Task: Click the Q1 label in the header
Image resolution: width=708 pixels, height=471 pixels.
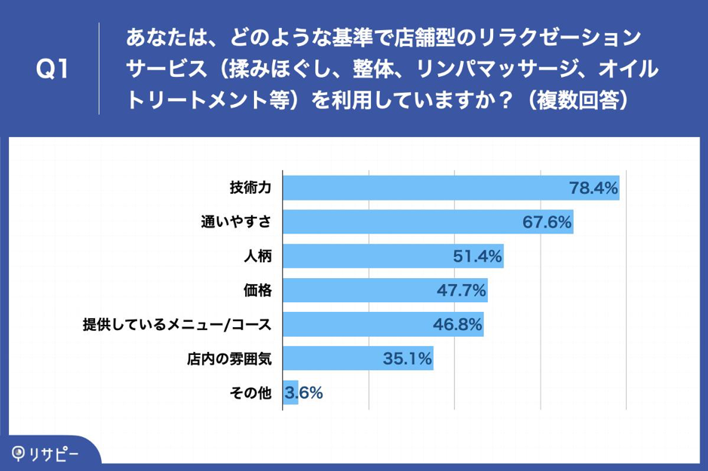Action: (x=52, y=69)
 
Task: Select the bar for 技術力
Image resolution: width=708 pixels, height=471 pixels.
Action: (x=451, y=188)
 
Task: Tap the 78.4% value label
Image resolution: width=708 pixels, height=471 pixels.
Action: (x=593, y=188)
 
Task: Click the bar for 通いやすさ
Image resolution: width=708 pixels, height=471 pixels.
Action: (x=428, y=222)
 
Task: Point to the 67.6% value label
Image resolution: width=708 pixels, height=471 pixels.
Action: (x=547, y=222)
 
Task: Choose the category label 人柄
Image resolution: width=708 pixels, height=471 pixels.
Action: (x=258, y=256)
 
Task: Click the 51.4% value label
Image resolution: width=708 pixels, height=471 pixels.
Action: (x=477, y=256)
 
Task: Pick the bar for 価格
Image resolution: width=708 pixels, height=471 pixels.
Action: (x=385, y=290)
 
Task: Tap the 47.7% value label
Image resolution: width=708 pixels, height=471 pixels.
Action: (x=461, y=290)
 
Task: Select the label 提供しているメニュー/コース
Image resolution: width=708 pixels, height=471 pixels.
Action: (x=177, y=324)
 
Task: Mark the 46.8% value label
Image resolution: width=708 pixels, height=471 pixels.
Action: (x=458, y=324)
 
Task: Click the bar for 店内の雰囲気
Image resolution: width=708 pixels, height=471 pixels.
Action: (x=358, y=359)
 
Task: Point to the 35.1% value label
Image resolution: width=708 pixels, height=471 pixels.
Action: (x=407, y=359)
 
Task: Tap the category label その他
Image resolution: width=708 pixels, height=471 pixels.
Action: (x=250, y=393)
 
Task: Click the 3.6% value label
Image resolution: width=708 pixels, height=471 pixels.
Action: (x=303, y=393)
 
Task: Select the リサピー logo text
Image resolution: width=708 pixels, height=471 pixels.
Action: (x=54, y=454)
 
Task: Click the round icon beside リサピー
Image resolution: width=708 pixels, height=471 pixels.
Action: (x=18, y=454)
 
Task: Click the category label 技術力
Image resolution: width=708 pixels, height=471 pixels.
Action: (x=250, y=188)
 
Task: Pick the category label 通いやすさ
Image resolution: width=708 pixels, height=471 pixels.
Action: (x=236, y=222)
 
